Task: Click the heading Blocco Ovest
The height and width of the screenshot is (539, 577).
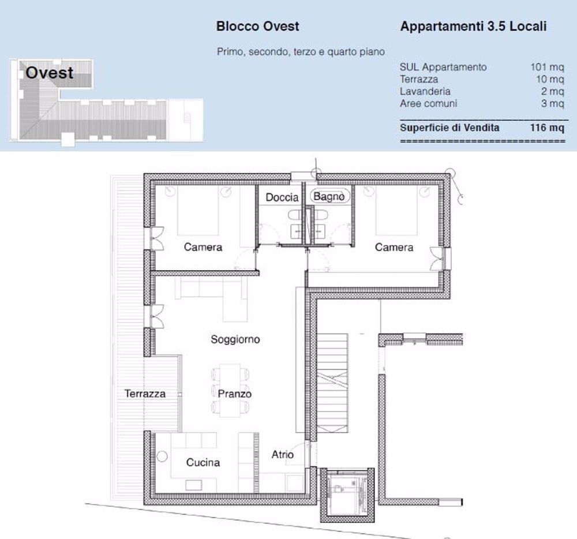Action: tap(257, 27)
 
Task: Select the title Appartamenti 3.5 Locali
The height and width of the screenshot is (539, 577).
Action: tap(473, 27)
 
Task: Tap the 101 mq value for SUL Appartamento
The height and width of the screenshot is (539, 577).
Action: tap(547, 67)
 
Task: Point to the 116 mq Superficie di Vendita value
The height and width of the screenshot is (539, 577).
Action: tap(547, 128)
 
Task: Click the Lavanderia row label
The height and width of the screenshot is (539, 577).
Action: tap(425, 91)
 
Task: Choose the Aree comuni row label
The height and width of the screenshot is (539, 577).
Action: tap(428, 103)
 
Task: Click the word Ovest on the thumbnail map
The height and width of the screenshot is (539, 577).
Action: tap(50, 73)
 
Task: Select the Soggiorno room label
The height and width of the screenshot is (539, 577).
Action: tap(235, 339)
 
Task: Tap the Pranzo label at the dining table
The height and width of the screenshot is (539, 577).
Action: tap(234, 394)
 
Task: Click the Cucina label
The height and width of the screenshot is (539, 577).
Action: tap(203, 462)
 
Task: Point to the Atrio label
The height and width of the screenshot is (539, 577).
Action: tap(283, 455)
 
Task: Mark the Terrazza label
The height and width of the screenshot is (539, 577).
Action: tap(145, 394)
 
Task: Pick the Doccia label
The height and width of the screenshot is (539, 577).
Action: tap(282, 197)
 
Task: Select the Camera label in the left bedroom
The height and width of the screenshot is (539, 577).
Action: tap(203, 247)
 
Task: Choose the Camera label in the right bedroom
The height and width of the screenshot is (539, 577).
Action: tap(394, 247)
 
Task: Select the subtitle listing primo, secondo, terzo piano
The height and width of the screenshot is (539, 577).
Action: tap(301, 52)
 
